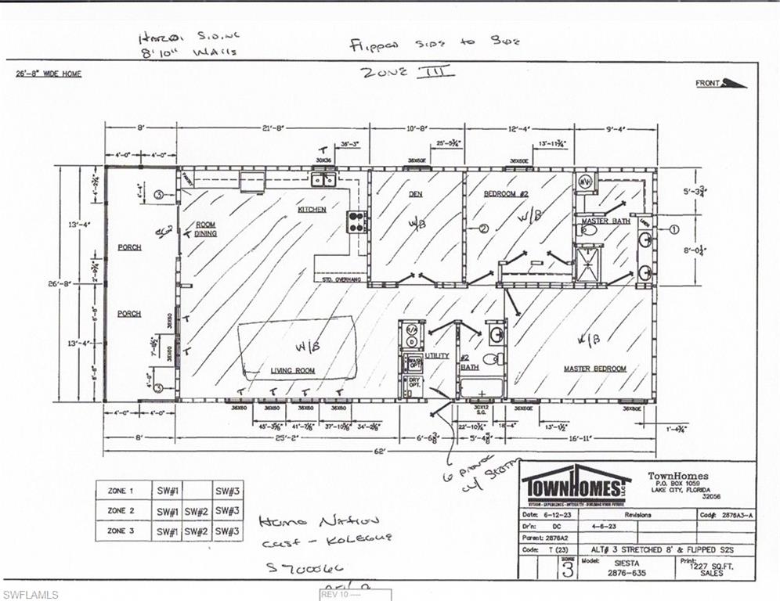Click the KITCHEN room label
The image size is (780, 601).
coord(311,210)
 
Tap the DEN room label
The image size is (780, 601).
coord(415,193)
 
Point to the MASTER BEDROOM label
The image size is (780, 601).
coord(595,369)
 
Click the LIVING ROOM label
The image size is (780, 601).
coord(293,370)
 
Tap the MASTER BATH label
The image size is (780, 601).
coord(605,221)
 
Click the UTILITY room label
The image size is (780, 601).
coord(437,356)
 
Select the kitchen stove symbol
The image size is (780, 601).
coord(357,221)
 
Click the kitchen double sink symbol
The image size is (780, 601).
coord(323,180)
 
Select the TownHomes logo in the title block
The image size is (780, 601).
coord(576,484)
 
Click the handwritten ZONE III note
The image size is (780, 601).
coord(406,73)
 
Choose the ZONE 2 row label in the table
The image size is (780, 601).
coord(121,510)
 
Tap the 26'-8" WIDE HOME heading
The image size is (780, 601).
coord(49,74)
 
